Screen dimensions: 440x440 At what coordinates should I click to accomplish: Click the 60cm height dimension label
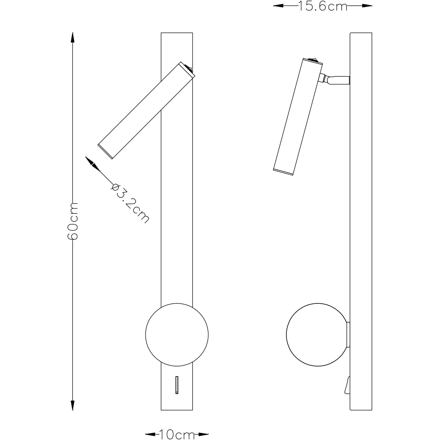(73, 221)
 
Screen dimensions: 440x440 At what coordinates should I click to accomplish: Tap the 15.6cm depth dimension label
(323, 6)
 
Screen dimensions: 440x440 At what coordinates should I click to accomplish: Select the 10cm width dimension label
(177, 434)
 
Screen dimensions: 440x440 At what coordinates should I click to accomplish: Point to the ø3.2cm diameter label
(130, 203)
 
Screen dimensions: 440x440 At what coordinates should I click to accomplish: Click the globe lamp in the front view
(177, 335)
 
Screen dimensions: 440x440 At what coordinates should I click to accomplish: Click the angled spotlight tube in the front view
(146, 111)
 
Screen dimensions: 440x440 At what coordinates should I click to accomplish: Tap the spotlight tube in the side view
(298, 117)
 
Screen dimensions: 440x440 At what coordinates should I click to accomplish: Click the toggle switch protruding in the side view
(348, 385)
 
